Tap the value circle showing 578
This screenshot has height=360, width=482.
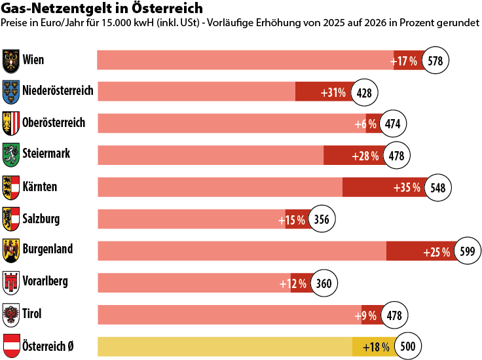(x=436, y=61)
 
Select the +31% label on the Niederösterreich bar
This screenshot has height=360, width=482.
(x=333, y=92)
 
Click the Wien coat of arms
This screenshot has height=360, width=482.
(x=11, y=61)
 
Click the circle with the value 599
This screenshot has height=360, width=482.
(x=467, y=251)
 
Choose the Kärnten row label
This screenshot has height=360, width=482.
(x=40, y=187)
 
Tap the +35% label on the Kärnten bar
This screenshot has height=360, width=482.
(x=406, y=188)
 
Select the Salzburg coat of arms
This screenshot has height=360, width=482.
(x=11, y=218)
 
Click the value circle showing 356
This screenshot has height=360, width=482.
(x=322, y=219)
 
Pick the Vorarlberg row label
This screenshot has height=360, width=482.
(x=45, y=281)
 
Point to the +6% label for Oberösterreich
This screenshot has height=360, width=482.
(x=365, y=124)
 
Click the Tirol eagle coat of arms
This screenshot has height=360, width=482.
(x=11, y=314)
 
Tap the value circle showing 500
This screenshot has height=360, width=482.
(x=407, y=346)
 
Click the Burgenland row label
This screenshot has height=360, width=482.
(x=47, y=249)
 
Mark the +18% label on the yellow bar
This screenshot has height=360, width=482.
(x=377, y=346)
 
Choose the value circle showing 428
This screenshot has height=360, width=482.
(x=365, y=92)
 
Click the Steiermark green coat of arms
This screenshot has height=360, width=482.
(x=11, y=154)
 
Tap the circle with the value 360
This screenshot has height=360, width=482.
(x=324, y=283)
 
